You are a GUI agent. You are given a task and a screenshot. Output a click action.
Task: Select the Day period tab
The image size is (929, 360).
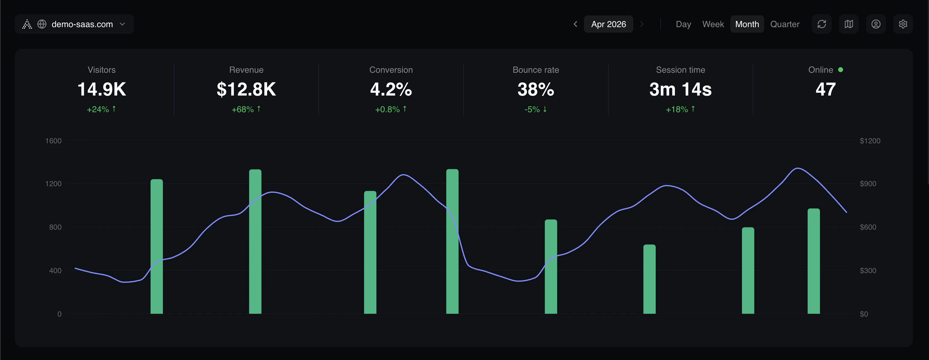[683, 24]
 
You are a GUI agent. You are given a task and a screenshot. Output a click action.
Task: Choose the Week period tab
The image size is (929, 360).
[713, 24]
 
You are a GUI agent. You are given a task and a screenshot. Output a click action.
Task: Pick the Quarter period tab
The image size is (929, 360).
[785, 24]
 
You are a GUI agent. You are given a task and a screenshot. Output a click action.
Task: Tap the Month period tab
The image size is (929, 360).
[747, 24]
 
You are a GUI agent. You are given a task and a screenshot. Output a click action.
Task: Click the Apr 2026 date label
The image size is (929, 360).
[608, 24]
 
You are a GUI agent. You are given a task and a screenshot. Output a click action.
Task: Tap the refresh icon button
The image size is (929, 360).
[821, 24]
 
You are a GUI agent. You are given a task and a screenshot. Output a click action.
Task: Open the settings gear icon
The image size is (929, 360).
[903, 24]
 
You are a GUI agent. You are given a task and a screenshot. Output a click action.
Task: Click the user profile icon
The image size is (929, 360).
[876, 24]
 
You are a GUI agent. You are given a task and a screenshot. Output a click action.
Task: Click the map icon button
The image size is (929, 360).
[849, 24]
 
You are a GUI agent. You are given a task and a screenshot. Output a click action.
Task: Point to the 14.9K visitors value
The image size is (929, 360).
[102, 89]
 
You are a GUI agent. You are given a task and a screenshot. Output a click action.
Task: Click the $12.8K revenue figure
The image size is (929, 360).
[246, 89]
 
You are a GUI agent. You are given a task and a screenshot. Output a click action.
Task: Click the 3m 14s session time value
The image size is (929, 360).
[680, 89]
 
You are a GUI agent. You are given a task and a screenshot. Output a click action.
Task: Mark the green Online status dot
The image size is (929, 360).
[841, 70]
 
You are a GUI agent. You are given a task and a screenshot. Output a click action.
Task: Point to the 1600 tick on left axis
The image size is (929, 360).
[53, 141]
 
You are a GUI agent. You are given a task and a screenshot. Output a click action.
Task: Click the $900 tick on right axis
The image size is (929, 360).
[868, 184]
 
